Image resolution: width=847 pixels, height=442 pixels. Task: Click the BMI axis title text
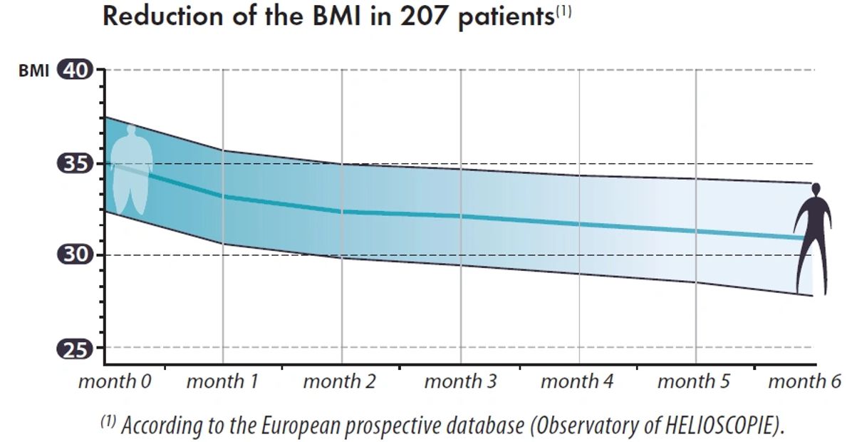tap(34, 71)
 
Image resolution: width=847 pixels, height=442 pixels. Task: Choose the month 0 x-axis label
tap(115, 381)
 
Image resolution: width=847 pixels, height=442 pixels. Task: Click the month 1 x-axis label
tap(222, 381)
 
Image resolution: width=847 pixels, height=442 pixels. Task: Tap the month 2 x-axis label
tap(340, 381)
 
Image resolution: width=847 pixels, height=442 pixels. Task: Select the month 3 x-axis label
tap(460, 381)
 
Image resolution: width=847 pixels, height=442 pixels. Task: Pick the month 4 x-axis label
tap(577, 381)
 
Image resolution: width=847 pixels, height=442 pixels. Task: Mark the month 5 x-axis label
tap(694, 381)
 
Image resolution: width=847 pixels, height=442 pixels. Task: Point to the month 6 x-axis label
tap(804, 381)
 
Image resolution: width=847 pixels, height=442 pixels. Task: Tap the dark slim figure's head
tap(816, 190)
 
